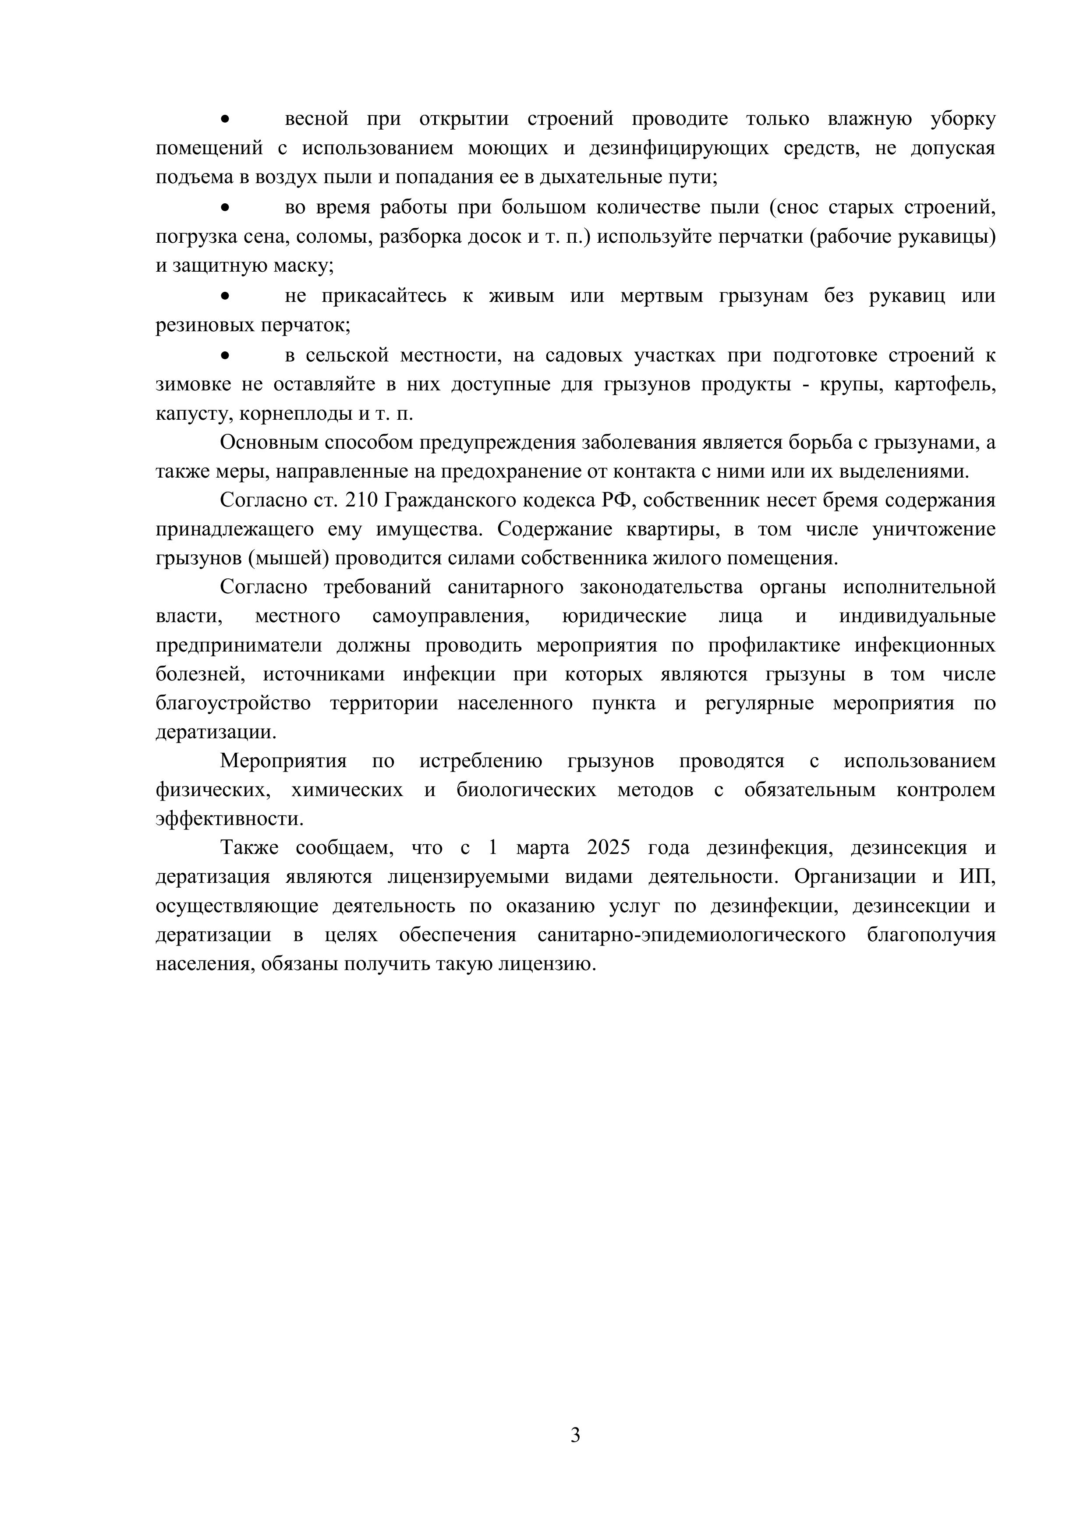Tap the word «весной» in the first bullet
pos(317,119)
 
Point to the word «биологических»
pos(526,790)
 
